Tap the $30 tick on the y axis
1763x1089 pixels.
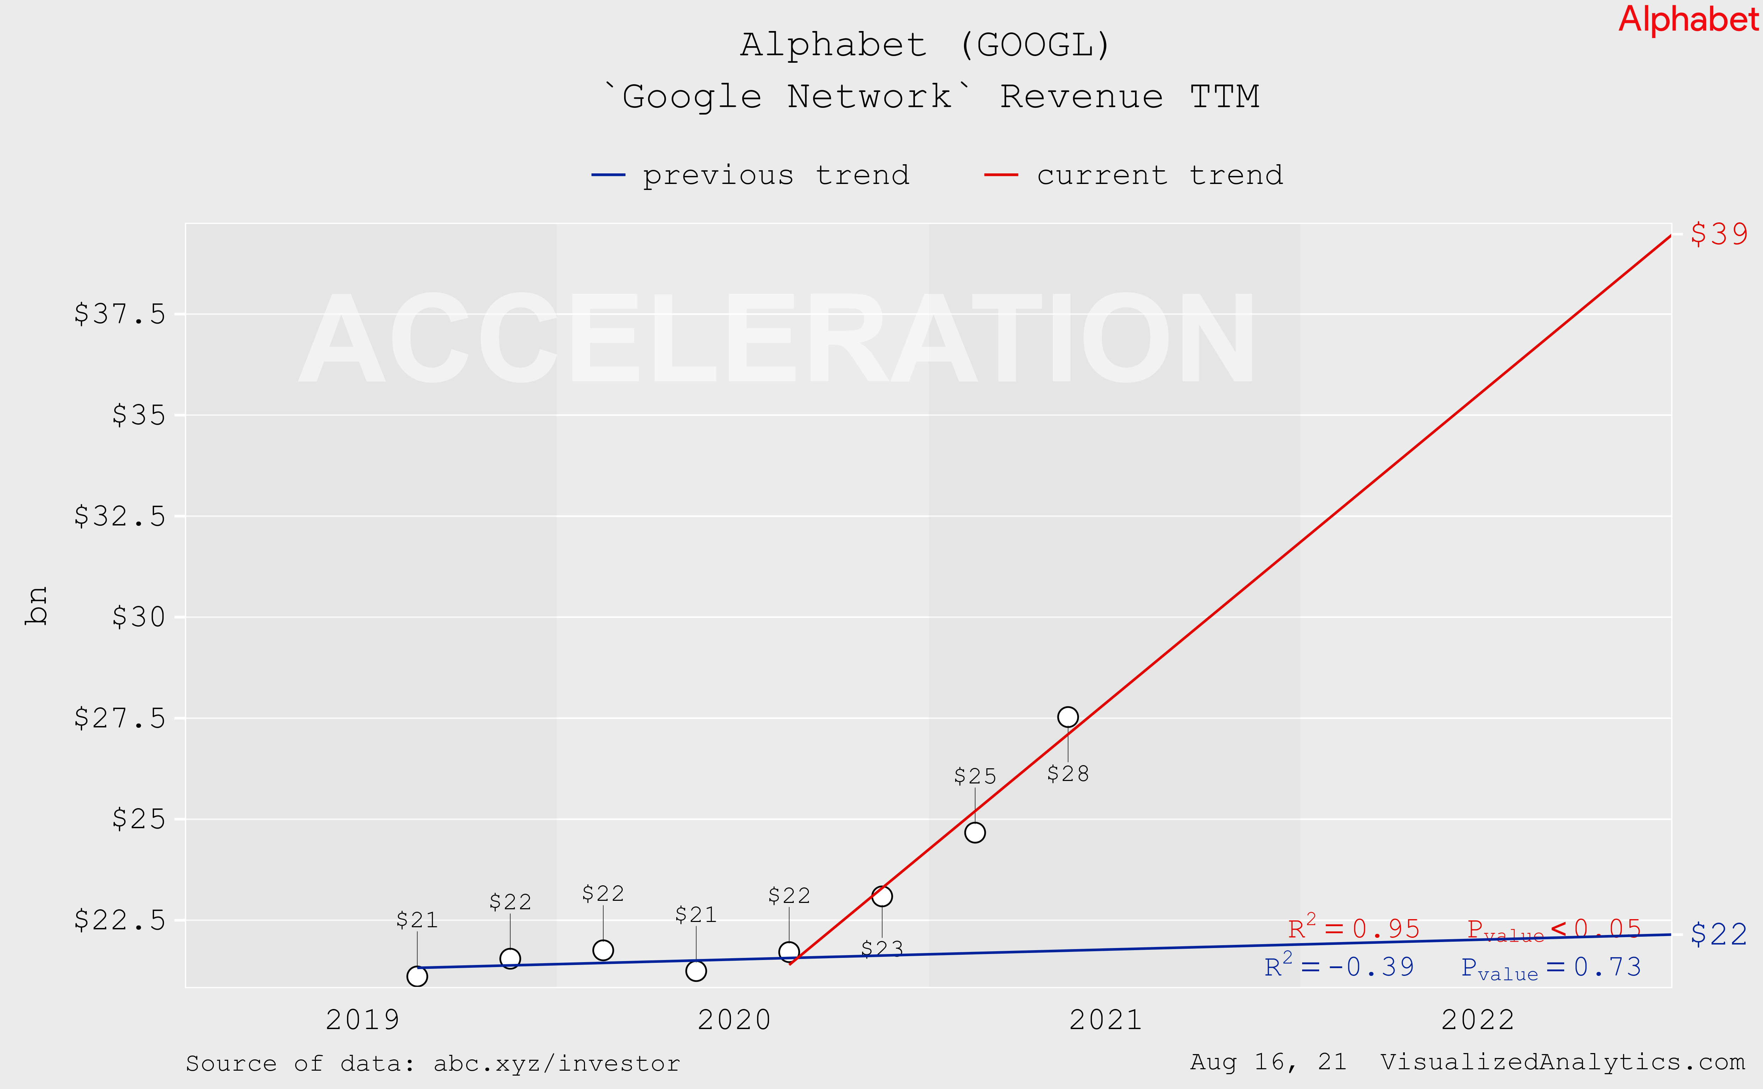[138, 617]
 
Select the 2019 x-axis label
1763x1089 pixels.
[362, 1020]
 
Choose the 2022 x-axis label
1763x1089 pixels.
[1478, 1020]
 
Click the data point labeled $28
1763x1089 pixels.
[1068, 716]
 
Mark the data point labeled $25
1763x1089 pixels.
[975, 832]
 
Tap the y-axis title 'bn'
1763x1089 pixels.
[36, 605]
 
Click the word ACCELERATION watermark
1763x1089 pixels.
[777, 339]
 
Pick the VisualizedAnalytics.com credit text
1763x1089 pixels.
[1562, 1062]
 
